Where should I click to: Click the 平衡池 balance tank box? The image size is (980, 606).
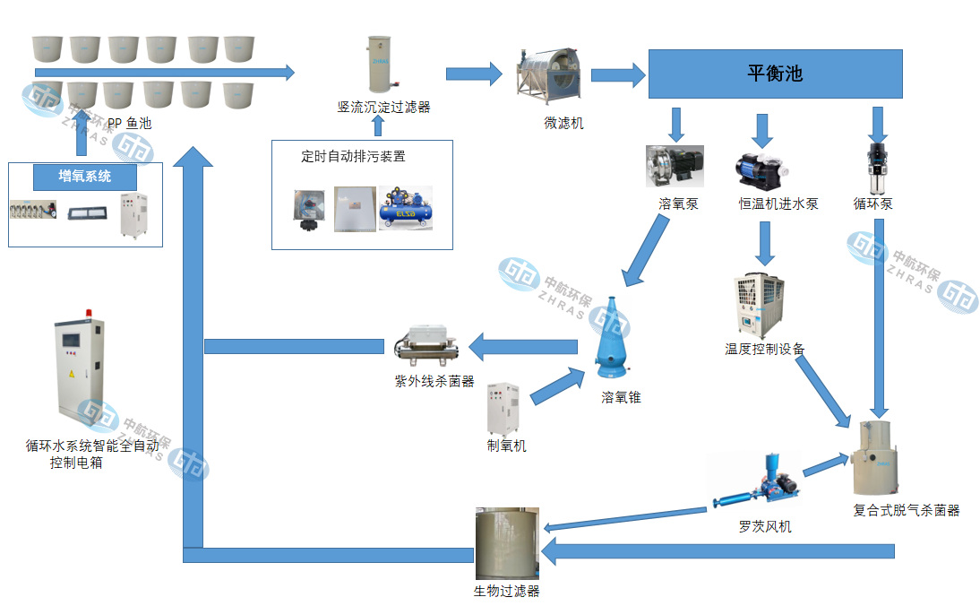774,74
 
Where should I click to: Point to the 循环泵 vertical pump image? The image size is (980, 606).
876,166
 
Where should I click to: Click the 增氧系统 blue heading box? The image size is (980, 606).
85,177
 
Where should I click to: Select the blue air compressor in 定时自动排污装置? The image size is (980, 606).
405,208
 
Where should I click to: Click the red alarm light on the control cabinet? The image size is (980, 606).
89,314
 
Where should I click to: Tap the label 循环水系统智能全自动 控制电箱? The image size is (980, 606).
92,454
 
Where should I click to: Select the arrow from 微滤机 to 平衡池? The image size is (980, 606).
618,74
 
